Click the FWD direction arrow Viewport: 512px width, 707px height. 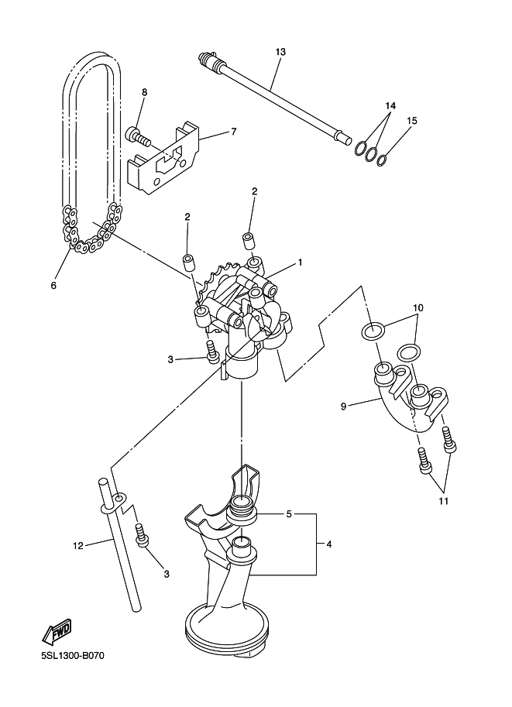point(57,630)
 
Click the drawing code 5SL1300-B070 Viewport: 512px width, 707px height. point(73,655)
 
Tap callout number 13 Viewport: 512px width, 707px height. point(280,52)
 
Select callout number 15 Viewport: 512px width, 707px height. point(411,120)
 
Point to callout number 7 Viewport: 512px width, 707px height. point(233,132)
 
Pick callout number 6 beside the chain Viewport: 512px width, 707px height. point(53,285)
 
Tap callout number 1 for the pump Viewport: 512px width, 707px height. point(300,263)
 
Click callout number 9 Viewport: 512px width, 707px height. point(343,407)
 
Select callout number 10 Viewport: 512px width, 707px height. point(418,308)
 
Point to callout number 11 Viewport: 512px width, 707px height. point(443,501)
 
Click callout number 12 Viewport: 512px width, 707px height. point(78,546)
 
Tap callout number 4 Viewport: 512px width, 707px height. point(329,544)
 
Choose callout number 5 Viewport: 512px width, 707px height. point(289,513)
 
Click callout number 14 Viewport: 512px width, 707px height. point(390,105)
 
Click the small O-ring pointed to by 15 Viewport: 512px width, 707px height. point(382,160)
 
